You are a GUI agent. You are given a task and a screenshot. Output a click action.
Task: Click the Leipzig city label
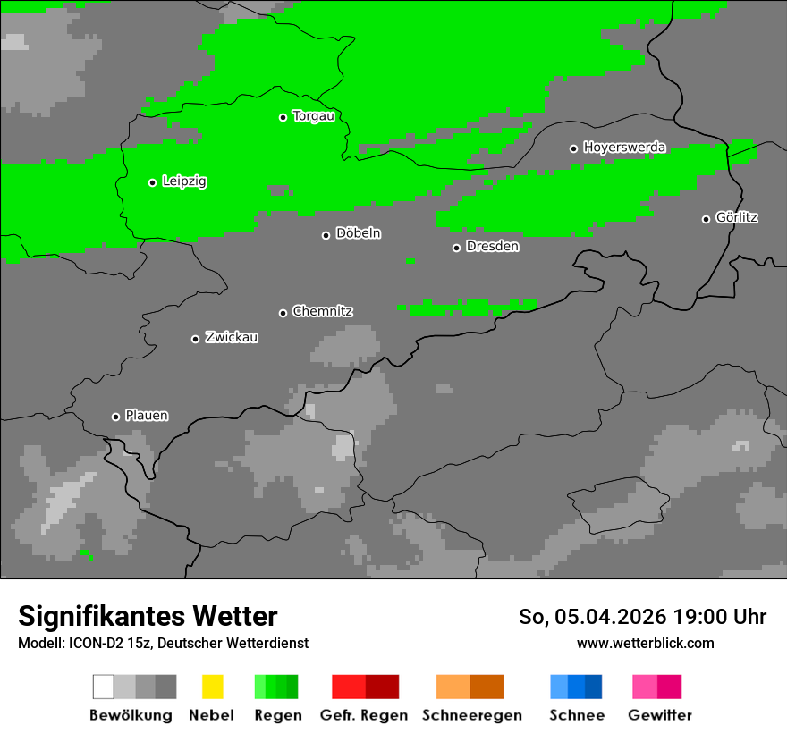(x=184, y=181)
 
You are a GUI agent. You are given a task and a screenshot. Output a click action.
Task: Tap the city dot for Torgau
(x=283, y=117)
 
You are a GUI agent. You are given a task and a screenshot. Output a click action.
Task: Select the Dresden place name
(x=492, y=247)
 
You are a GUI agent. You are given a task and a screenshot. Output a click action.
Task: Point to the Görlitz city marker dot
(x=706, y=219)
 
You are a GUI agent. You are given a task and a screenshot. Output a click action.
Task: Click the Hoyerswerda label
(x=624, y=148)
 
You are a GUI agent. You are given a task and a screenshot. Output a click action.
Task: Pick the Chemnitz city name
(x=322, y=312)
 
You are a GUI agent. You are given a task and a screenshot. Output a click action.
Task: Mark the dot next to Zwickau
(x=195, y=339)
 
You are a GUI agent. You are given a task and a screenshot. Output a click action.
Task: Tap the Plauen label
(x=146, y=416)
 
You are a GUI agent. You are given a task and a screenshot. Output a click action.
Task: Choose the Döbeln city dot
(x=326, y=235)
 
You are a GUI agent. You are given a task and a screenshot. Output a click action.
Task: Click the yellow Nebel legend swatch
(x=212, y=687)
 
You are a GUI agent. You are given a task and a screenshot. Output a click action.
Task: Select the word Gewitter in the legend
(x=660, y=715)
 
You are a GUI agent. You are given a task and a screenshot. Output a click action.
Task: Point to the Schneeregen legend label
(x=472, y=715)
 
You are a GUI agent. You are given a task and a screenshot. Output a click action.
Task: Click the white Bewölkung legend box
(x=104, y=687)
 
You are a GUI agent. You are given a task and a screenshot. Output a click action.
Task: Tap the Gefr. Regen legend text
(x=364, y=715)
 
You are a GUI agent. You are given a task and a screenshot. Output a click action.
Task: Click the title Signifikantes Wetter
(x=148, y=616)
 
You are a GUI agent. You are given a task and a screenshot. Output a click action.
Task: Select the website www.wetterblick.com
(x=645, y=643)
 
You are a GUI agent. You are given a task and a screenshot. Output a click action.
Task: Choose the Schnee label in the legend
(x=577, y=715)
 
